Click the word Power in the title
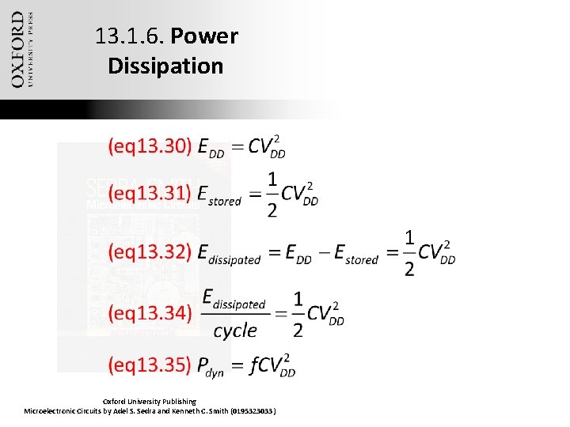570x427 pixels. point(204,36)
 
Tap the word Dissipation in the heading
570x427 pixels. point(165,66)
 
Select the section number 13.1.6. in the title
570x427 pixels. point(129,36)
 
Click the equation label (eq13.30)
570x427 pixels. point(150,146)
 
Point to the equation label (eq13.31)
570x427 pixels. point(150,194)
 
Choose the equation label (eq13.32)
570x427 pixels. point(150,252)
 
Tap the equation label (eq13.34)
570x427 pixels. point(150,314)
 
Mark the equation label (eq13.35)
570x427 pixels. point(150,365)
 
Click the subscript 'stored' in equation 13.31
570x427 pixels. point(225,201)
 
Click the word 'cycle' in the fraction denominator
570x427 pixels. point(235,330)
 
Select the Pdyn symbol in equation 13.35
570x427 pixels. point(211,367)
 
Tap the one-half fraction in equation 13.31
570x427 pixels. point(272,195)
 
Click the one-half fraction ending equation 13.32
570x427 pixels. point(408,253)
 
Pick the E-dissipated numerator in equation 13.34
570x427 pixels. point(234,300)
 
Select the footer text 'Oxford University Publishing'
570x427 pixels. point(150,402)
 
